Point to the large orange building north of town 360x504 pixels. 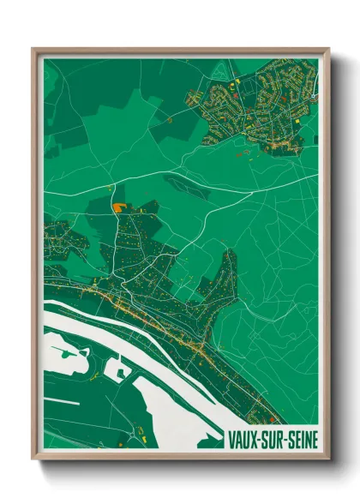tap(117, 207)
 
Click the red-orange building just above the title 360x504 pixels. tap(273, 419)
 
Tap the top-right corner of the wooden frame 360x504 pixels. tap(327, 50)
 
